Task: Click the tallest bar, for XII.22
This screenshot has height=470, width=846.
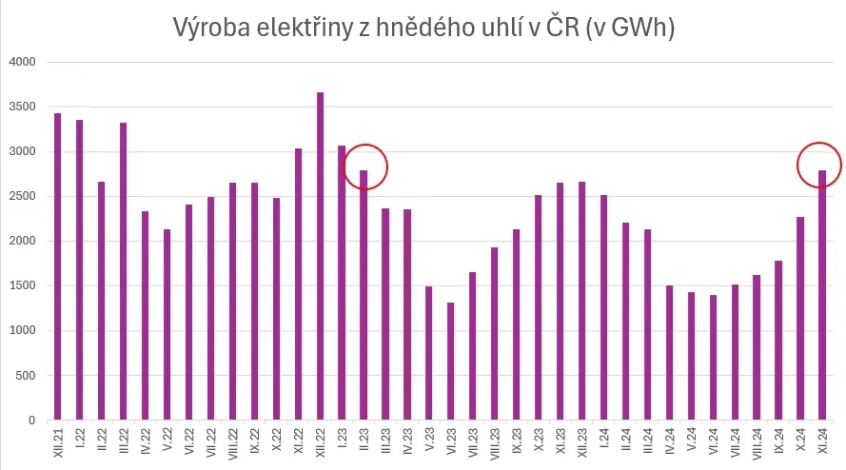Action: [320, 256]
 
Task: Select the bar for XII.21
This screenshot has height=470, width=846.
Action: [58, 266]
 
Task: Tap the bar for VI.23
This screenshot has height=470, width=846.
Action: [450, 362]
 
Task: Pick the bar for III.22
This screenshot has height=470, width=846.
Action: [123, 271]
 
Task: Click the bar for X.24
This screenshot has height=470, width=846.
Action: [800, 319]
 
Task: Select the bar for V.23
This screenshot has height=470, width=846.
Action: [429, 353]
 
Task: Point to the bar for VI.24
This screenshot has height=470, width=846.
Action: [713, 358]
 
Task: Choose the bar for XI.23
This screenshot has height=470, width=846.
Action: [561, 302]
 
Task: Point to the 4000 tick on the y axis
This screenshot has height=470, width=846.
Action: [23, 62]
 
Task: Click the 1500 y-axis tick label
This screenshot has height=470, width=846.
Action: [23, 285]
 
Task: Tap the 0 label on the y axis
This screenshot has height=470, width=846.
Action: [32, 421]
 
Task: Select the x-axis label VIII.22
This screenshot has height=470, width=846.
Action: [232, 444]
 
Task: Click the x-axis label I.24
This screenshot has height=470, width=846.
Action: [603, 439]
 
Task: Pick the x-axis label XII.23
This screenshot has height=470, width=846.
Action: [582, 443]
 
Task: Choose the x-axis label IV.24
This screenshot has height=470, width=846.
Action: [670, 441]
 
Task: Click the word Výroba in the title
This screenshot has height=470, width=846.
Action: [211, 28]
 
